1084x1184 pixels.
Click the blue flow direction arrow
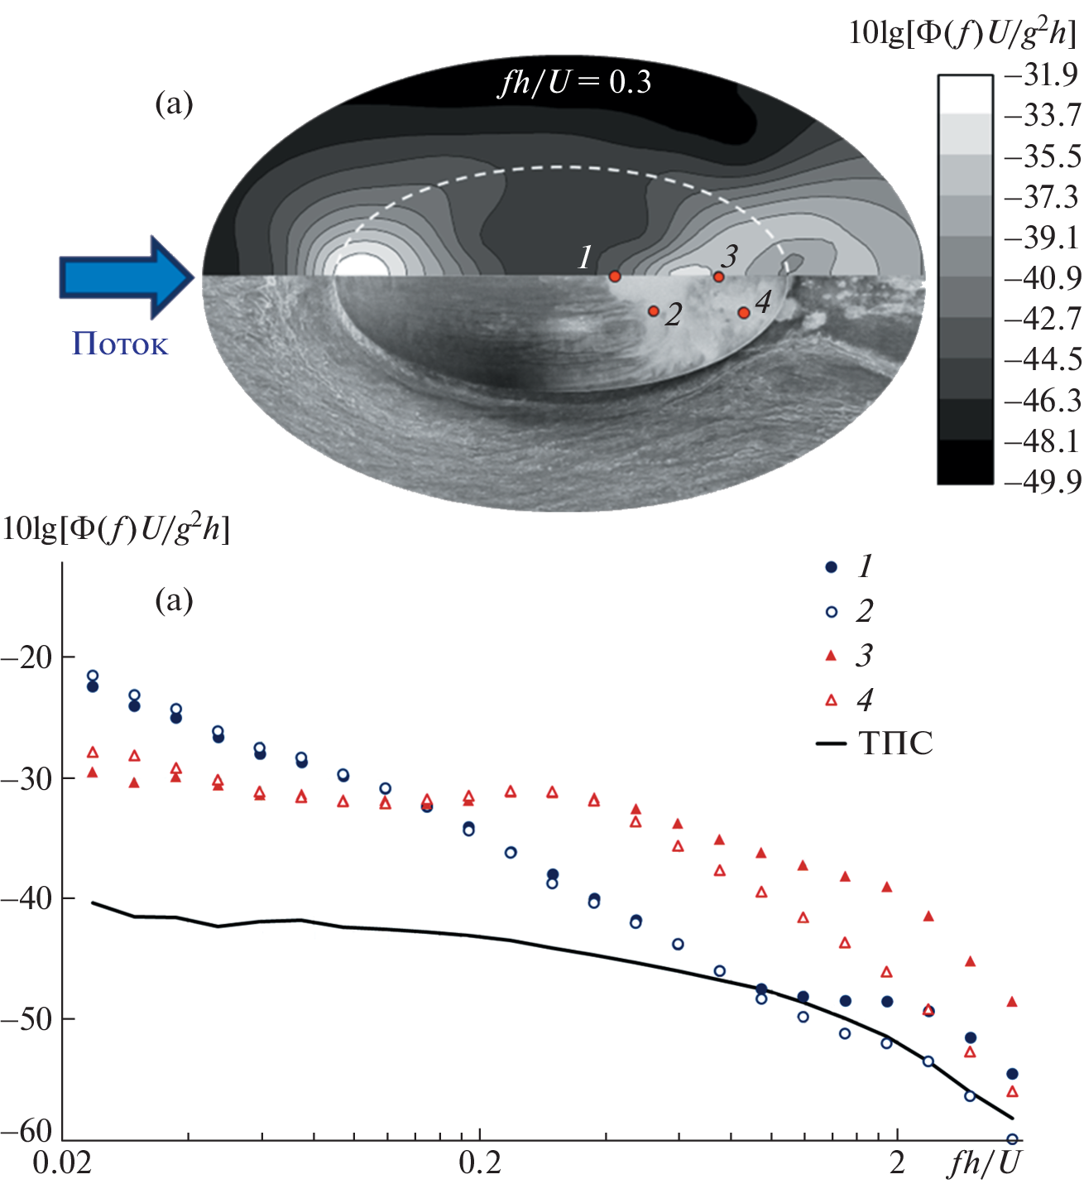tap(124, 277)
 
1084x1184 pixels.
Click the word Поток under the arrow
tap(120, 344)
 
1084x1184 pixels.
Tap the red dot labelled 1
tap(614, 277)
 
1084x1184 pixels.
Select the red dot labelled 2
tap(653, 311)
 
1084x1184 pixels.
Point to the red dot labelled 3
tap(718, 277)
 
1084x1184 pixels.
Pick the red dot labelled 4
tap(743, 313)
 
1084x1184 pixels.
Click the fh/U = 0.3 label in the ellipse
tap(574, 82)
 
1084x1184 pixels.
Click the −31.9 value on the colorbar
tap(1042, 75)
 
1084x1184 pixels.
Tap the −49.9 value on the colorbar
tap(1042, 482)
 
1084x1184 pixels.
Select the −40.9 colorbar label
tap(1042, 278)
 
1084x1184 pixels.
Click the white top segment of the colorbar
tap(965, 94)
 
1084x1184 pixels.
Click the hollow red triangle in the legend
tap(832, 700)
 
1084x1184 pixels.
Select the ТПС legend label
tap(895, 744)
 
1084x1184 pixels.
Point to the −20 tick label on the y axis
tap(27, 658)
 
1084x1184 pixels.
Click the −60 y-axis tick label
tap(27, 1130)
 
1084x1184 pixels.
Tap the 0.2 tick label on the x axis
tap(480, 1163)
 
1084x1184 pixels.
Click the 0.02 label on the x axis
tap(62, 1163)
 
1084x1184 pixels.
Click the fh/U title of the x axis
tap(985, 1163)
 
